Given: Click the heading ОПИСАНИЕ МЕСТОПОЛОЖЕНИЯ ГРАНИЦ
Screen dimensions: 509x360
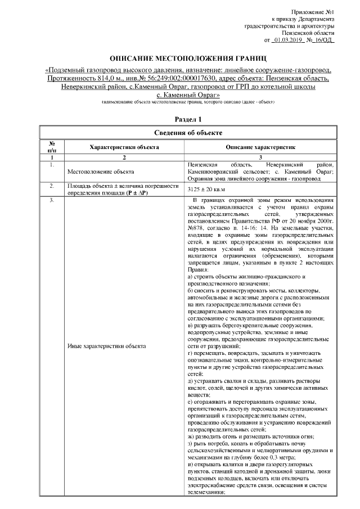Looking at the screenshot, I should pyautogui.click(x=188, y=58).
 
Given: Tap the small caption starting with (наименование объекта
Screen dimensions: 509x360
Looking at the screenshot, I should pyautogui.click(x=187, y=103).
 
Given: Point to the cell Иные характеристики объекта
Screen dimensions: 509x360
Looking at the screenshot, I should pyautogui.click(x=106, y=346).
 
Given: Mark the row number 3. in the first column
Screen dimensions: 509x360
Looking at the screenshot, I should pyautogui.click(x=52, y=201).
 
